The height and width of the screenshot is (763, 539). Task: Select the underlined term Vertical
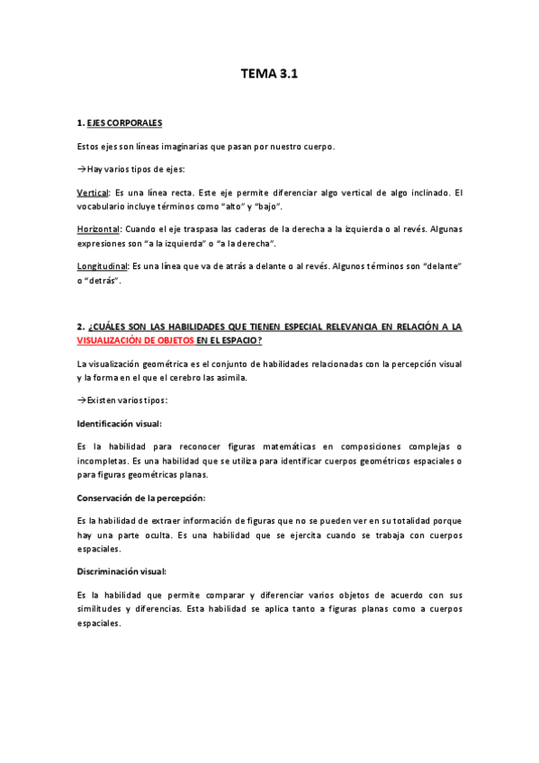(x=93, y=193)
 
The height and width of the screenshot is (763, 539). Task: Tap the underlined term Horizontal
(x=98, y=229)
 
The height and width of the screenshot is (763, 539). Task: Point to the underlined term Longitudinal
(x=103, y=266)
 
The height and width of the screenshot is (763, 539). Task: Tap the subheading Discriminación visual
(x=121, y=571)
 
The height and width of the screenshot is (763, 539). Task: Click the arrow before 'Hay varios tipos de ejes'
(x=82, y=169)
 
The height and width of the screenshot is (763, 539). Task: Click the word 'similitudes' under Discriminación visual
(x=99, y=608)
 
